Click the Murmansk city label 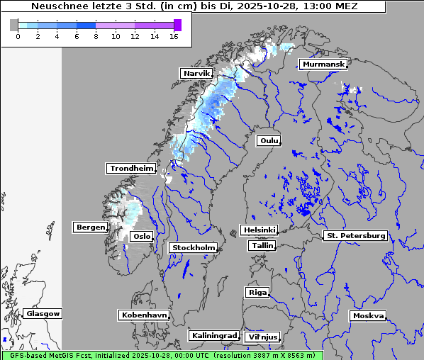[x=323, y=64]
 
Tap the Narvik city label [x=196, y=73]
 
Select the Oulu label [x=269, y=140]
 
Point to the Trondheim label [x=131, y=169]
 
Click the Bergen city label [x=89, y=227]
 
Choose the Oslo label [x=142, y=237]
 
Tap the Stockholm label [x=193, y=248]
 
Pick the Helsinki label [x=259, y=230]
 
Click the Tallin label [x=262, y=246]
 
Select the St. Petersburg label [x=355, y=235]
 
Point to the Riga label [x=257, y=293]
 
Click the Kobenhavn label [x=144, y=315]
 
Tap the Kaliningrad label [x=213, y=335]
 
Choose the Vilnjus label [x=262, y=337]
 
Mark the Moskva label [x=368, y=316]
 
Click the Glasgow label [x=43, y=314]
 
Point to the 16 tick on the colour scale [x=174, y=36]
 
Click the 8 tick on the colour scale [x=96, y=36]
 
